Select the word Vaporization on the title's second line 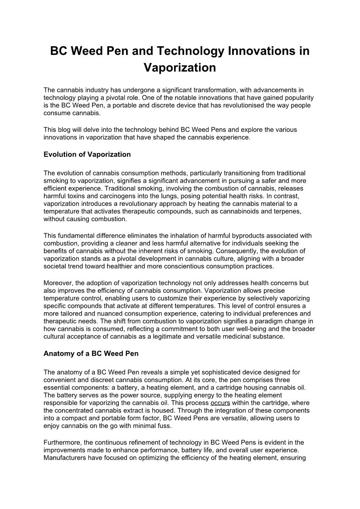(x=180, y=68)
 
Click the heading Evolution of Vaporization (x=87, y=155)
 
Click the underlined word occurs (x=220, y=403)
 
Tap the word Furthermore (x=63, y=442)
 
